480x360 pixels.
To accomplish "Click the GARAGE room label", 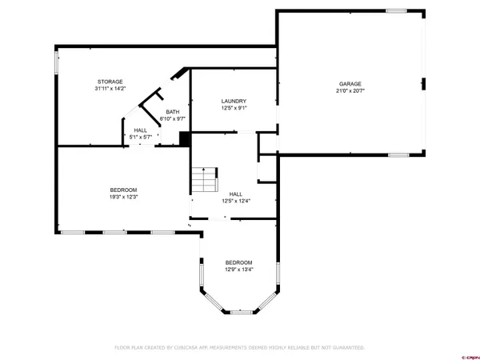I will click(x=350, y=83).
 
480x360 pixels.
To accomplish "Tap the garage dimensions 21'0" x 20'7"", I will click(x=350, y=91).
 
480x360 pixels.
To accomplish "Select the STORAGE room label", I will click(x=110, y=82).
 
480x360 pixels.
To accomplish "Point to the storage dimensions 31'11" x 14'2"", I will click(x=110, y=90).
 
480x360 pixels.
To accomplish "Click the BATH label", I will click(x=172, y=112).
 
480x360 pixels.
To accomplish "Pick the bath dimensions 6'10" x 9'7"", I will click(x=172, y=119).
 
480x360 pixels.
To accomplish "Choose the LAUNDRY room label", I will click(x=234, y=101).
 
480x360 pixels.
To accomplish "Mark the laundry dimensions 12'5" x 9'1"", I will click(x=234, y=108).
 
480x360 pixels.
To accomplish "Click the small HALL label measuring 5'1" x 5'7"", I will click(x=141, y=130).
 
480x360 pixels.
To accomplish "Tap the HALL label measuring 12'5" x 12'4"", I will click(x=236, y=194).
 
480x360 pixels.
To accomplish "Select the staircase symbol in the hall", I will click(x=205, y=180).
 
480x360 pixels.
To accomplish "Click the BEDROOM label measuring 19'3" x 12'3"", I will click(x=123, y=190).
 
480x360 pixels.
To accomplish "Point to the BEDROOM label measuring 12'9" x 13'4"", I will click(x=238, y=262).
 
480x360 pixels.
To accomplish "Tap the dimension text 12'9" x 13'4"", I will click(x=238, y=270).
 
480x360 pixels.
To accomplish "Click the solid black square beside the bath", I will click(x=185, y=138).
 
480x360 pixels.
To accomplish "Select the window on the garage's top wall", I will click(x=397, y=10).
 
